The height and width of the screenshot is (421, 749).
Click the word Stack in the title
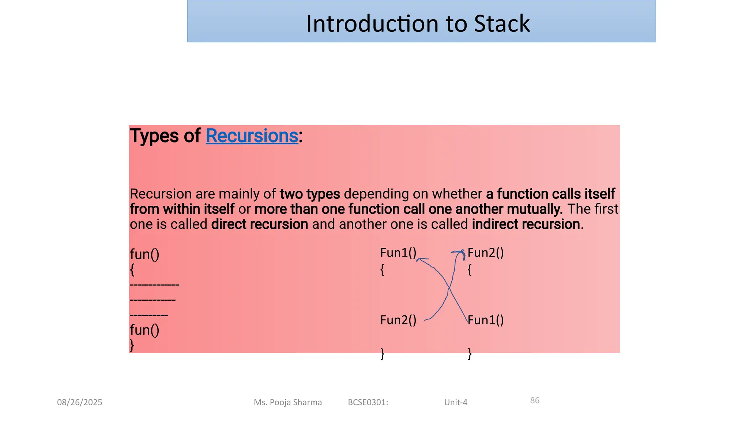click(501, 24)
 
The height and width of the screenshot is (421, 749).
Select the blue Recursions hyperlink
click(252, 136)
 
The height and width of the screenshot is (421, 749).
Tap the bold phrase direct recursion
click(260, 224)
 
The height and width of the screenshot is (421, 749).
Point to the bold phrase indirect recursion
click(526, 224)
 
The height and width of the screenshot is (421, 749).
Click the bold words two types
click(310, 194)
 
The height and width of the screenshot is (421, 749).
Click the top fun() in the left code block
click(144, 254)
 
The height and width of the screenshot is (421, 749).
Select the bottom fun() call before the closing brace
click(144, 330)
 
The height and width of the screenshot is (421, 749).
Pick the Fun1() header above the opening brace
click(398, 253)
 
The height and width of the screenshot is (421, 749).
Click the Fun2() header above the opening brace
click(485, 253)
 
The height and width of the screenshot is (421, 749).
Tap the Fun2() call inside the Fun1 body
click(398, 320)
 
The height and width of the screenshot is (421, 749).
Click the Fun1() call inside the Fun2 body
click(485, 320)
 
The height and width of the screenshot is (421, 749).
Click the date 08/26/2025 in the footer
click(79, 402)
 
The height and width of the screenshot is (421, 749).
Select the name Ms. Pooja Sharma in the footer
click(288, 402)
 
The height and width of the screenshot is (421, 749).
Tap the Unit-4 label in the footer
click(456, 402)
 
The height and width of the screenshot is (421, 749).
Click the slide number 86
click(535, 401)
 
